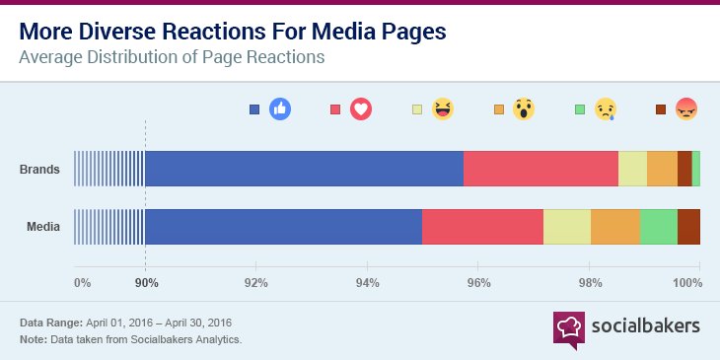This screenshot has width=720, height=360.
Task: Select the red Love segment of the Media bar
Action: click(482, 227)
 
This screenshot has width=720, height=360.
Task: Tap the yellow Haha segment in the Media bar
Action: click(567, 227)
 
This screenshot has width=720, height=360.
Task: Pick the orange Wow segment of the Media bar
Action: click(615, 227)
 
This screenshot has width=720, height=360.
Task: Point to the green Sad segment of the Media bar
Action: click(659, 227)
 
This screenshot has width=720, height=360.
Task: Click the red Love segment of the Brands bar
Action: click(540, 169)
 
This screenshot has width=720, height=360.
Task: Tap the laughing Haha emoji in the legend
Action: click(442, 110)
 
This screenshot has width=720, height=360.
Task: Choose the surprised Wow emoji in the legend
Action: click(523, 110)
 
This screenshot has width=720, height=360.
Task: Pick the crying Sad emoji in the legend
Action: click(604, 110)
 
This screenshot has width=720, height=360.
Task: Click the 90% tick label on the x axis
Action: click(146, 283)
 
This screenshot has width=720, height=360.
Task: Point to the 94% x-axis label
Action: click(367, 283)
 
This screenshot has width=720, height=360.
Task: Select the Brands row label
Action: click(40, 170)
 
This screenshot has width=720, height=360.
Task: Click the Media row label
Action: click(43, 227)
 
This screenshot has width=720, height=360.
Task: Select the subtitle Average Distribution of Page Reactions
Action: click(173, 57)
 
